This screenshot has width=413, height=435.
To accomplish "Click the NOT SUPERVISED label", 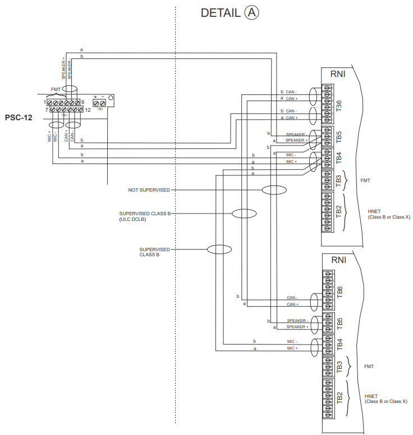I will (149, 191).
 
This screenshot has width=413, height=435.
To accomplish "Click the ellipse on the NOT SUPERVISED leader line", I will (275, 191).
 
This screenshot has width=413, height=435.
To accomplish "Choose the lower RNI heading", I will (338, 260).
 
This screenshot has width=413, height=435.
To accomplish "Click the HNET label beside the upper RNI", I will (374, 211).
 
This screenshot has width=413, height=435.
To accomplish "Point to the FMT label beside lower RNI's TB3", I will (369, 366).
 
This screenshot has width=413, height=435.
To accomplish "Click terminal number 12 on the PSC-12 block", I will (88, 110).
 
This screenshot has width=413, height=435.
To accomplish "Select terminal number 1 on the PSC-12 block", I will (44, 102).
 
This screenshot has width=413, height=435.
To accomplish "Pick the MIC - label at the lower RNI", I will (292, 341).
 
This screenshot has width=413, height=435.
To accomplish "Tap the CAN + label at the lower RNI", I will (292, 304).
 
